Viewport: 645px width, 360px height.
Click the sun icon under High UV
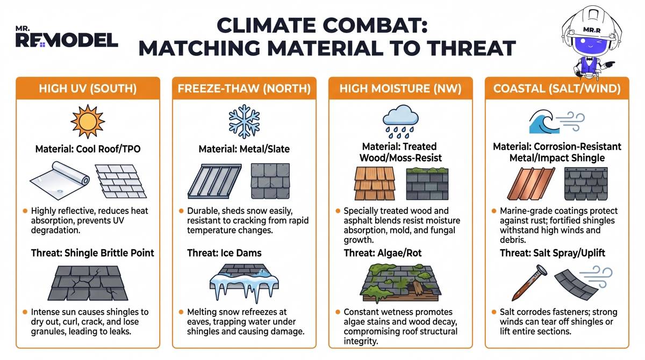pos(88,121)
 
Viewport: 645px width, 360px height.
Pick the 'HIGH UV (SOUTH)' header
pos(88,89)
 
